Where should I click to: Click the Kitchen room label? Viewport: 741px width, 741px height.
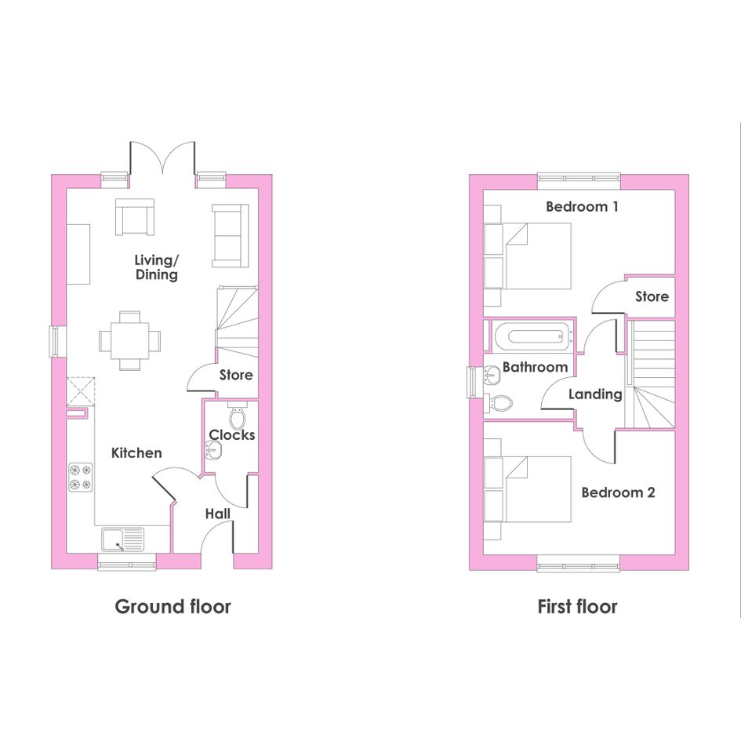[x=136, y=452]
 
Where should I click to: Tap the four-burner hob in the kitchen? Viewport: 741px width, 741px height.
[x=80, y=478]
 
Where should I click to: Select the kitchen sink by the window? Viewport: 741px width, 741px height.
[x=122, y=539]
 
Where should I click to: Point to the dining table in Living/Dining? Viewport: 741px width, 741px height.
[x=129, y=341]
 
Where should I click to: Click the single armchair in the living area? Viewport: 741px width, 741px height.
[x=135, y=217]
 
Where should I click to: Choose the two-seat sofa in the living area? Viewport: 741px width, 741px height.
[x=231, y=236]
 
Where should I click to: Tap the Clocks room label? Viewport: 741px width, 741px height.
[x=232, y=434]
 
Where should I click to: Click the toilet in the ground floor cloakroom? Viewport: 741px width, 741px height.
[x=238, y=416]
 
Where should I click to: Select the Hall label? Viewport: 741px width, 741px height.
[x=218, y=514]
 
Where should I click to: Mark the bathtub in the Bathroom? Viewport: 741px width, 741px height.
[x=532, y=336]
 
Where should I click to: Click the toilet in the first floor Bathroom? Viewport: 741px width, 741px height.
[x=499, y=403]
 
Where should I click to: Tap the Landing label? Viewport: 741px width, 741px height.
[x=595, y=394]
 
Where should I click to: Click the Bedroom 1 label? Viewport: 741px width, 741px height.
[x=582, y=206]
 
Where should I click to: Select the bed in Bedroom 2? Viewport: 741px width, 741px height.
[x=528, y=489]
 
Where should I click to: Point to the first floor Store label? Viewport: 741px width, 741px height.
[x=652, y=296]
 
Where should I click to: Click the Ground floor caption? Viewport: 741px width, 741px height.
[x=173, y=606]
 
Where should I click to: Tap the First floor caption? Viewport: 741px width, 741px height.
[x=577, y=606]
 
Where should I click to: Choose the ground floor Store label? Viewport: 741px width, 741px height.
[x=236, y=376]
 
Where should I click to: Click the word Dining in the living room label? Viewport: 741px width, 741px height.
[x=156, y=274]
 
